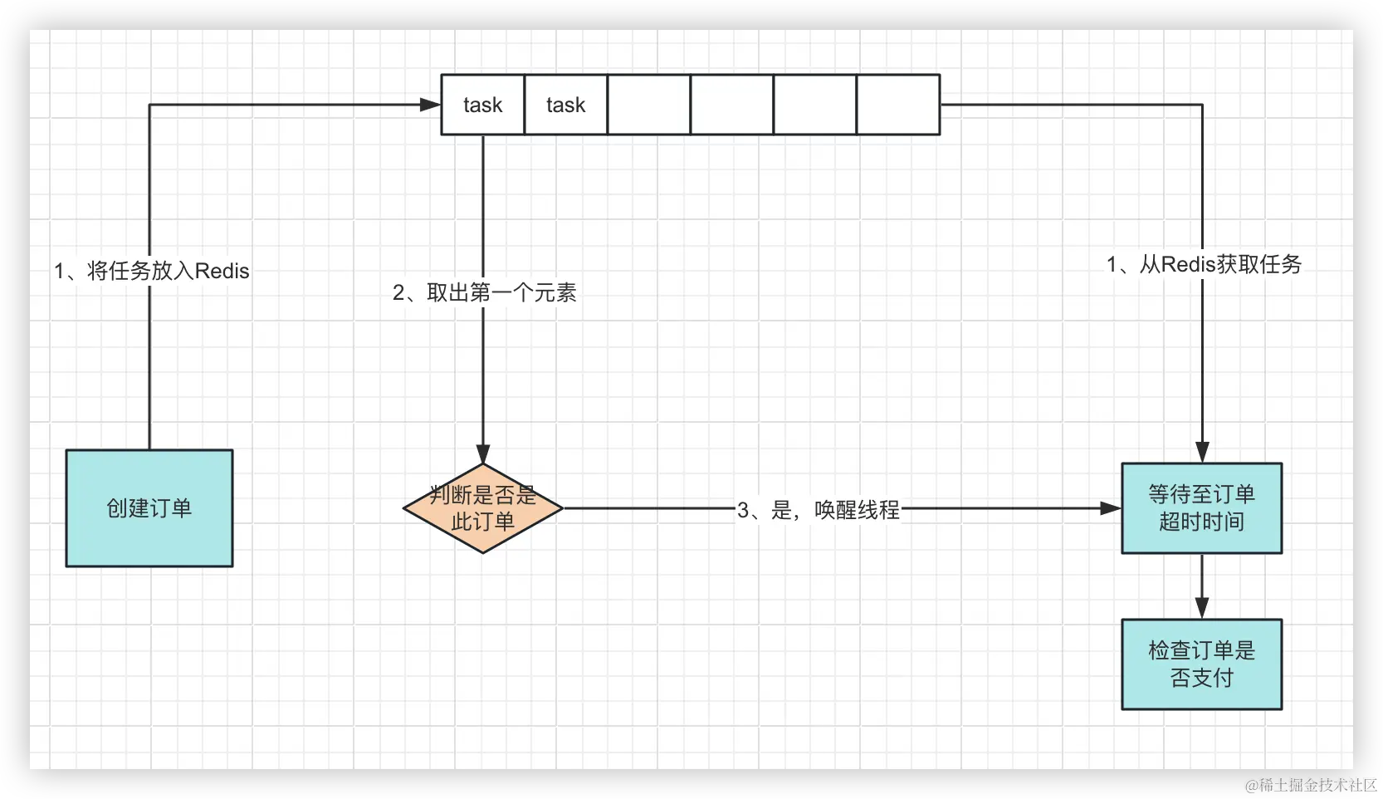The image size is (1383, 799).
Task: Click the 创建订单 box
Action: (x=149, y=508)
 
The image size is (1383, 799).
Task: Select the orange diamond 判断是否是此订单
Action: (x=483, y=508)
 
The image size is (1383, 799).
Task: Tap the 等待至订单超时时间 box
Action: (x=1201, y=508)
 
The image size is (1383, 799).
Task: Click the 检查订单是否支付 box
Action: (x=1201, y=664)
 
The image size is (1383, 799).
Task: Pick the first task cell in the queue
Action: (x=483, y=105)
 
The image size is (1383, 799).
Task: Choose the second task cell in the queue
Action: (x=566, y=105)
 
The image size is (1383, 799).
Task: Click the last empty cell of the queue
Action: (x=898, y=105)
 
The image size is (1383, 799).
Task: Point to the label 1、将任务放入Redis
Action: (x=152, y=271)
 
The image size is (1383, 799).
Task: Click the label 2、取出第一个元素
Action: (x=485, y=292)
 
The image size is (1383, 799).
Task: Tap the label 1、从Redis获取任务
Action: (x=1204, y=264)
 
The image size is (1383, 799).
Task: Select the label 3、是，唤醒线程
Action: (x=819, y=509)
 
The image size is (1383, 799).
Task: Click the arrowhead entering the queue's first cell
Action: (x=430, y=105)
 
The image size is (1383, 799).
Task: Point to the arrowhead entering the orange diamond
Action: (x=483, y=453)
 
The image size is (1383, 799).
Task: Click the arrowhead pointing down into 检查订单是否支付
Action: (x=1201, y=608)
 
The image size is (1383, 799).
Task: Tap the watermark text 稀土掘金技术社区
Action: (x=1315, y=783)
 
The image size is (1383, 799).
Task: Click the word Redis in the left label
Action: (x=222, y=271)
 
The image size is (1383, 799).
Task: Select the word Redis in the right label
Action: (x=1188, y=264)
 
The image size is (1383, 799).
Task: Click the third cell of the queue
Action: (x=649, y=105)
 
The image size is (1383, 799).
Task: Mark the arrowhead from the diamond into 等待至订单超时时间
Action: (x=1110, y=508)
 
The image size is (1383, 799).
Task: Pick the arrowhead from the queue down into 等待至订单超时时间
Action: (x=1201, y=452)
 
